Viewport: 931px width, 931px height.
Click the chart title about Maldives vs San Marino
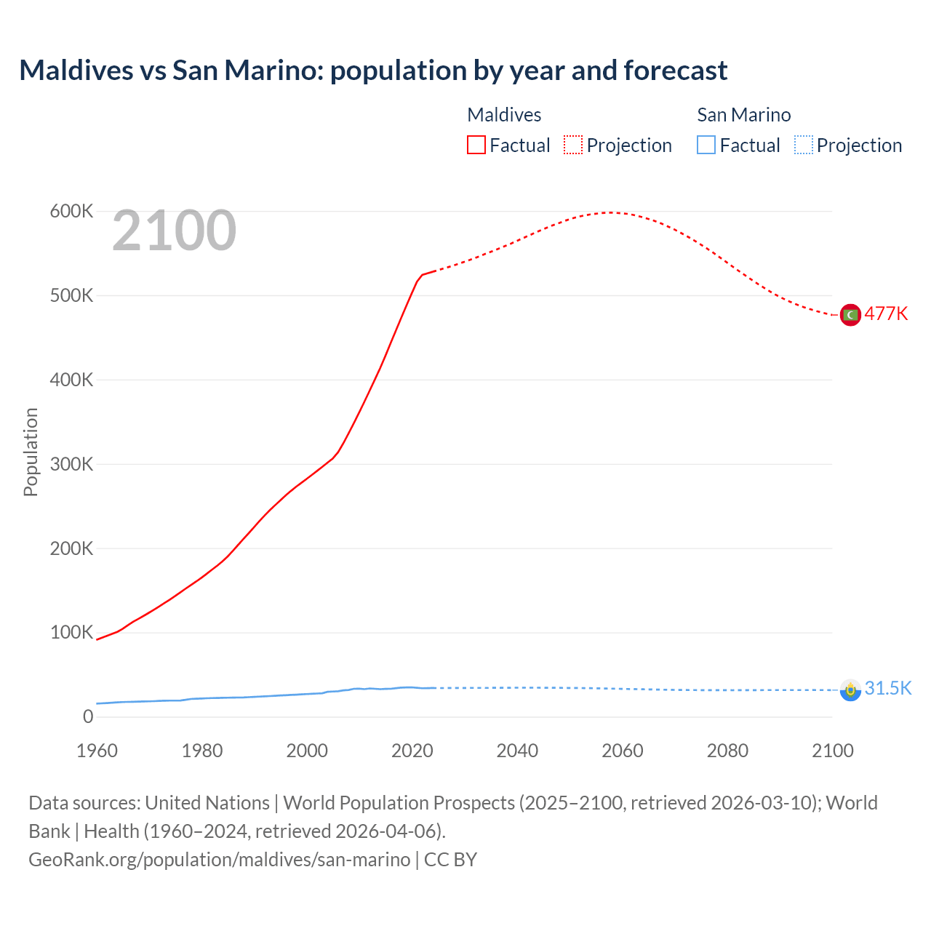373,71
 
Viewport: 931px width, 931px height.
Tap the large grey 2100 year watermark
174,231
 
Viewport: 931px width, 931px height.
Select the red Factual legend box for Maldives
476,145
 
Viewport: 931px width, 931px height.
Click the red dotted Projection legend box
573,145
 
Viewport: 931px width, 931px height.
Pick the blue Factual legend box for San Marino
706,145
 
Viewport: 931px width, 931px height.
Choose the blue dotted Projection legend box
803,145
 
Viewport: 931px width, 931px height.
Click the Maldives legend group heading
504,115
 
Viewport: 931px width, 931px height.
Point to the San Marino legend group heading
743,115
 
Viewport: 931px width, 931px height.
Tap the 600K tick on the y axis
71,212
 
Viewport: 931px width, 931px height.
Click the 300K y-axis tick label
71,464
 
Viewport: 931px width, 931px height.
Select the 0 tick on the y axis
88,716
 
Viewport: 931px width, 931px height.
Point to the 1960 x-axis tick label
97,751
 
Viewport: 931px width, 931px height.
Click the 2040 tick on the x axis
517,751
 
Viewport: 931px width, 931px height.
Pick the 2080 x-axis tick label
727,751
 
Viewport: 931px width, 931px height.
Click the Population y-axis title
31,452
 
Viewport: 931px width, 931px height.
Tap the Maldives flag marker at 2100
850,314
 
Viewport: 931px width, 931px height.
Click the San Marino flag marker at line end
850,690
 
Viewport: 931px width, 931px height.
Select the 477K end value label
886,314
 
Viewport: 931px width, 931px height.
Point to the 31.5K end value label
887,689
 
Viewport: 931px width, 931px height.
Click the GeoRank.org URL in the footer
219,860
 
